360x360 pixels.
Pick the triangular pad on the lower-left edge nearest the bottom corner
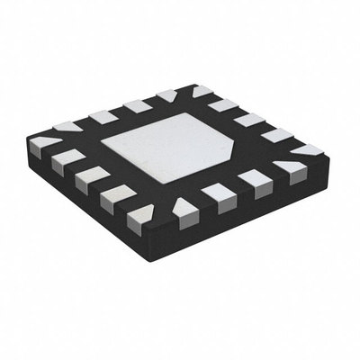(139, 214)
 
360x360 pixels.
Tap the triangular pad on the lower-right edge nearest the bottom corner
(184, 208)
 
